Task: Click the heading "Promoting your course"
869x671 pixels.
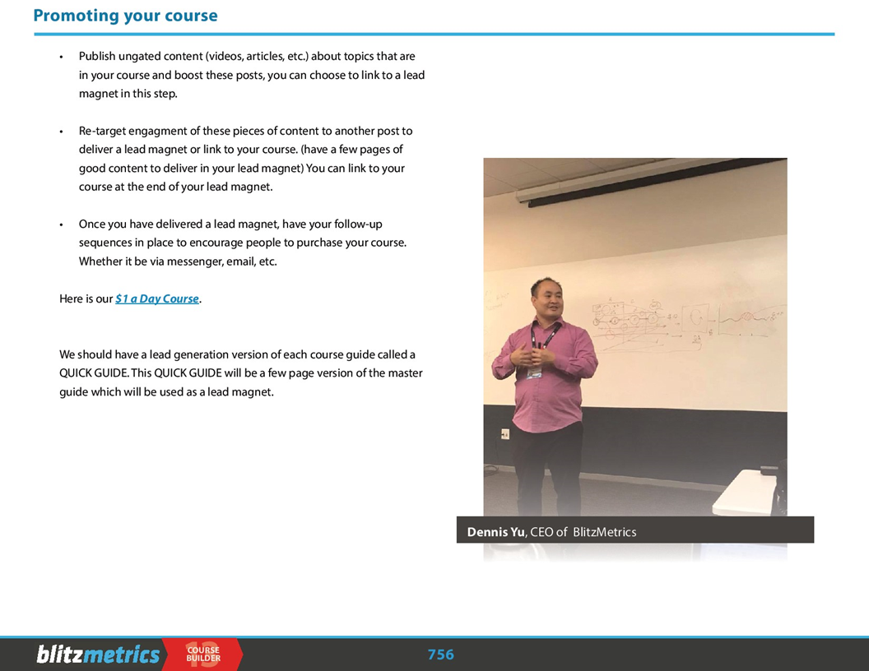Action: (x=125, y=16)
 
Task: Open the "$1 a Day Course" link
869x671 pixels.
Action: (x=157, y=298)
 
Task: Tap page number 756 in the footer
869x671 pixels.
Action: (x=440, y=655)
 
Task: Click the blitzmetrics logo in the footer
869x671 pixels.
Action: (x=98, y=655)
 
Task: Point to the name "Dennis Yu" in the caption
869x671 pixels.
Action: (x=495, y=532)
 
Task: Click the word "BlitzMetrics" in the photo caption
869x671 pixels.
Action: (x=604, y=532)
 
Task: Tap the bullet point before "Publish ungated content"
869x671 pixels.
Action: (x=61, y=57)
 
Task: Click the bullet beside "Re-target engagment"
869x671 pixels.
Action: (x=61, y=132)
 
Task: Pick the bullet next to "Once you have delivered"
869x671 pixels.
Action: (x=61, y=224)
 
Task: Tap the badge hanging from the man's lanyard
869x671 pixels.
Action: (x=535, y=370)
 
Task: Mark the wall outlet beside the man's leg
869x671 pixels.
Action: (x=504, y=433)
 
